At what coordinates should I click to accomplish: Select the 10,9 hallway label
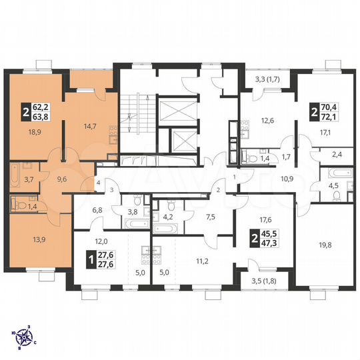pos(287,179)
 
